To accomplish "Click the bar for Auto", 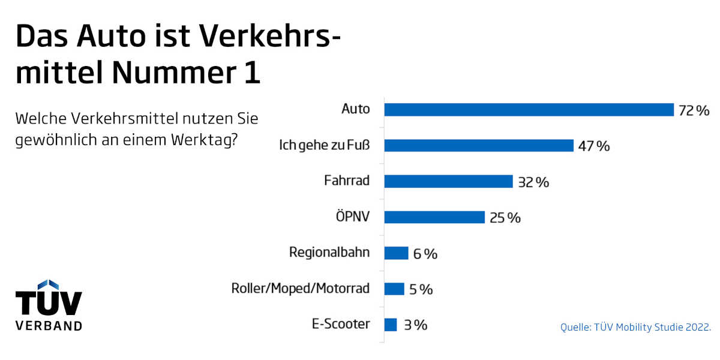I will [529, 110].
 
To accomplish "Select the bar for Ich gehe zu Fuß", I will [479, 146].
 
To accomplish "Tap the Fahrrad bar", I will [448, 182].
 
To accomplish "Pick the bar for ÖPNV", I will [434, 217].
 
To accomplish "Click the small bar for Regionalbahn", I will [396, 253].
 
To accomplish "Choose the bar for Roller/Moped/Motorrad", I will [394, 289].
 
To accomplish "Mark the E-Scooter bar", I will [391, 325].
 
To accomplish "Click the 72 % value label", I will [694, 110].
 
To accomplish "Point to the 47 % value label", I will [594, 146].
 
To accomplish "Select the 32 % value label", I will [533, 182].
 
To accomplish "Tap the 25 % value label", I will [505, 218].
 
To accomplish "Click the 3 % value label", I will [415, 325].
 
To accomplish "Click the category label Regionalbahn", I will [329, 253].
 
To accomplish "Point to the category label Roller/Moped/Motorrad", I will [301, 289].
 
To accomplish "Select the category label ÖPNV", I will [352, 217].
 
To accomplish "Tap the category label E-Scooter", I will [341, 325].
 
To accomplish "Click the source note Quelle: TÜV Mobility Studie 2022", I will [635, 327].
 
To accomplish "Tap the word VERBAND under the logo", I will [49, 326].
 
